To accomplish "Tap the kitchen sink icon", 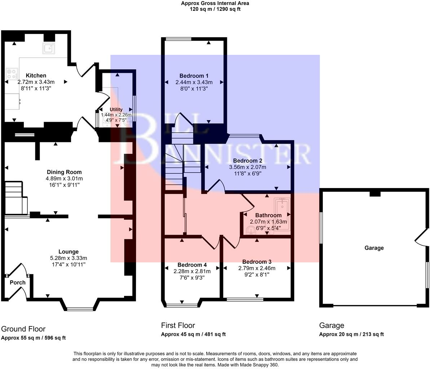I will point(48,48).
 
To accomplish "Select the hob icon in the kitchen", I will point(12,74).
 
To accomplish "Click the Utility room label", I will point(116,110).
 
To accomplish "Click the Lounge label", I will point(69,252).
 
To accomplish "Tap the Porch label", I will point(17,283).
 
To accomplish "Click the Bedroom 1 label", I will point(194,76).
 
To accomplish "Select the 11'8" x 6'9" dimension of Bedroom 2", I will point(247,173).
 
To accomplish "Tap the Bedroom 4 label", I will point(190,265).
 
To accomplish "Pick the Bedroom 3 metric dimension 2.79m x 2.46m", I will point(256,268).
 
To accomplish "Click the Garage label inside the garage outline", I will point(374,248).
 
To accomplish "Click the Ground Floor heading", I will point(23,329).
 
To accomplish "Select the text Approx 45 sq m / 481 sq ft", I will point(193,334).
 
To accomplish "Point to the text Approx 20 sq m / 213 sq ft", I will point(351,334).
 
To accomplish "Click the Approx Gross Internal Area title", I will point(215,4).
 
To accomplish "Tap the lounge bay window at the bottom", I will point(80,309).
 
